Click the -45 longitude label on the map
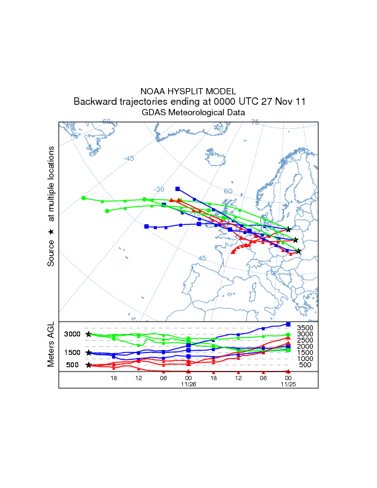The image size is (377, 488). click(x=128, y=158)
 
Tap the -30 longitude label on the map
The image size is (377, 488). click(x=159, y=189)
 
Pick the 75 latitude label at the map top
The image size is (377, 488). click(x=254, y=123)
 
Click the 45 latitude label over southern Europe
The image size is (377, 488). click(x=202, y=258)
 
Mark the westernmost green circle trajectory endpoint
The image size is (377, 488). click(x=83, y=198)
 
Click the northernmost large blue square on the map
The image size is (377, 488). click(x=177, y=189)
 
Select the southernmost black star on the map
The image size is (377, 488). click(x=299, y=251)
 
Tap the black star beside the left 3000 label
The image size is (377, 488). click(x=89, y=334)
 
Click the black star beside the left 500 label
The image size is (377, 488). click(x=89, y=365)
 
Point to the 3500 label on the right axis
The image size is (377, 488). click(x=306, y=328)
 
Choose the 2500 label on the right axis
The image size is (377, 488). click(x=306, y=340)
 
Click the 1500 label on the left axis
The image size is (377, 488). click(x=72, y=352)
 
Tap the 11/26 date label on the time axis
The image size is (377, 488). click(x=188, y=385)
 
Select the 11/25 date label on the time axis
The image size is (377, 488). click(x=288, y=385)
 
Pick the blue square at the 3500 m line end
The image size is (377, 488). click(x=288, y=324)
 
